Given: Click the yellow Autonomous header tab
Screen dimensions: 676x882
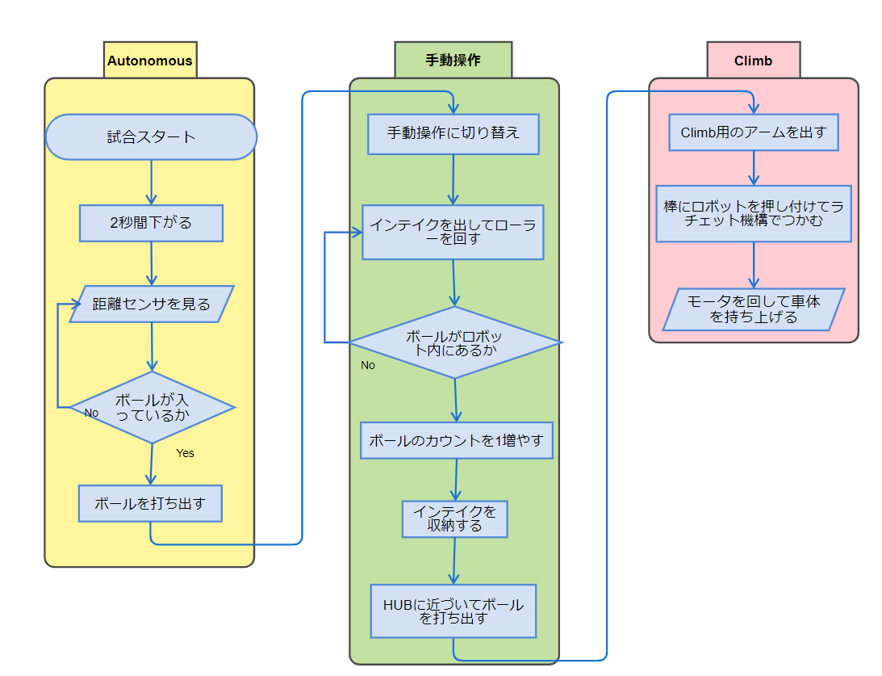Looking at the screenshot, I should point(150,61).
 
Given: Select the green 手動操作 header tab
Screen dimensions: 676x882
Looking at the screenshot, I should point(453,61).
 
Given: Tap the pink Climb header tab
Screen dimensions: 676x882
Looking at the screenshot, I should point(753,61).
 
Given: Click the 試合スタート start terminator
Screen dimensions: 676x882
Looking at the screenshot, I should point(151,137).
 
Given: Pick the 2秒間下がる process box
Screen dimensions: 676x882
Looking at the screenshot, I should point(151,223).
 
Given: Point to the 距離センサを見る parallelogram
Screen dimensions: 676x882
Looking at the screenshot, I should point(151,304).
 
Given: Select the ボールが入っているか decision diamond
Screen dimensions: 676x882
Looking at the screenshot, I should point(152,407).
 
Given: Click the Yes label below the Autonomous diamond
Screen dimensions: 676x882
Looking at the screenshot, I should point(185,453).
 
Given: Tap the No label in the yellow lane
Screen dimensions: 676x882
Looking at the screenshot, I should point(91,413).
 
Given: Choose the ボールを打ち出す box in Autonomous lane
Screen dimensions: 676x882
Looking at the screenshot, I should point(150,503).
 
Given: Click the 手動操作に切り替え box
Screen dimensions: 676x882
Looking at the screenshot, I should point(453,134).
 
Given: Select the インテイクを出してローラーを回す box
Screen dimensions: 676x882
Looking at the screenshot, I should point(453,232).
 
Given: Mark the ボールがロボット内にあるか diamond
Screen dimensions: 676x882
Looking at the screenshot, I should point(454,342).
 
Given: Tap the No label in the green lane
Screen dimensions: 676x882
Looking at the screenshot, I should point(368,365).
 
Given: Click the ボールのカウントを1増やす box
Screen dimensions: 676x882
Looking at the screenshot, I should point(456,441).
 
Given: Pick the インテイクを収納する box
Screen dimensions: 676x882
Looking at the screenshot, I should point(454,519).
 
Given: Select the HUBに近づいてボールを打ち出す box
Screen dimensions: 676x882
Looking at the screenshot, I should point(453,611).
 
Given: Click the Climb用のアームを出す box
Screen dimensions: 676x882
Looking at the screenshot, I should point(754,132).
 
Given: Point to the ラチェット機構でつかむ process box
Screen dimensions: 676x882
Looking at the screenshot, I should point(753,214).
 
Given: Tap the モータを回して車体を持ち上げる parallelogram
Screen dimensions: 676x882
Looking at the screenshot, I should point(753,309).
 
